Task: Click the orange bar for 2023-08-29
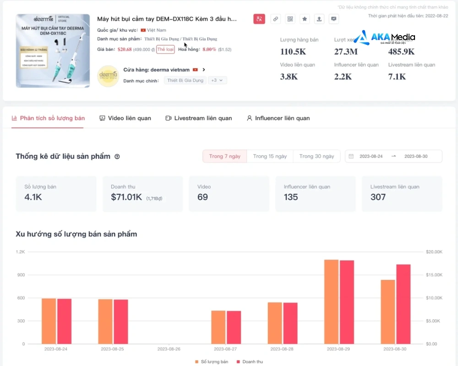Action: tap(331, 301)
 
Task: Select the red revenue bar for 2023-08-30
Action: tap(403, 304)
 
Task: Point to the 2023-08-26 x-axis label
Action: tap(169, 349)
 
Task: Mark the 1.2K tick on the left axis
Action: tap(20, 252)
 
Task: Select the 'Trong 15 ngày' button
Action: tap(270, 156)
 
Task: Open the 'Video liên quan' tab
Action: tap(125, 118)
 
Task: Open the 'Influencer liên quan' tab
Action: tap(278, 118)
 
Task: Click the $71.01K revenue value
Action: tap(126, 197)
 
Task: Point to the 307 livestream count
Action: tap(378, 197)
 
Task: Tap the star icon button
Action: tap(305, 19)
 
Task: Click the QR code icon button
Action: tap(290, 19)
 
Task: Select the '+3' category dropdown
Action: tap(217, 80)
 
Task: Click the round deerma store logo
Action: tap(108, 75)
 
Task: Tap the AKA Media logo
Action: tap(385, 38)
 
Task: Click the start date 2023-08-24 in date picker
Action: tap(371, 156)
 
